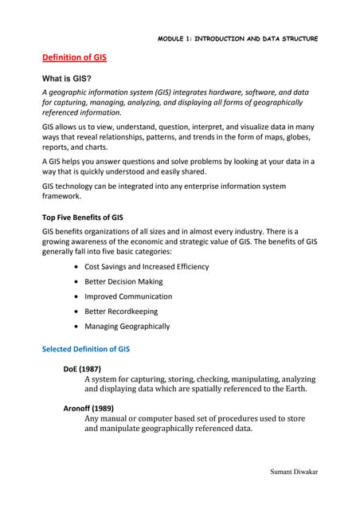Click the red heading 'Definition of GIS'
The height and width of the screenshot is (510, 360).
[75, 58]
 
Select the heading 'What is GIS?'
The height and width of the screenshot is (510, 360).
[72, 80]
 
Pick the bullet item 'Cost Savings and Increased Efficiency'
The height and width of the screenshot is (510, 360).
[147, 266]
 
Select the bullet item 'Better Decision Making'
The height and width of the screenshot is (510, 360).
[123, 281]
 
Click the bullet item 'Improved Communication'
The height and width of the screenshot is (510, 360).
[127, 296]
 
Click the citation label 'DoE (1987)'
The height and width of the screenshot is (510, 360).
[82, 370]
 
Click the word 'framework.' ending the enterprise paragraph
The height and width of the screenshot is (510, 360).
[62, 196]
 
